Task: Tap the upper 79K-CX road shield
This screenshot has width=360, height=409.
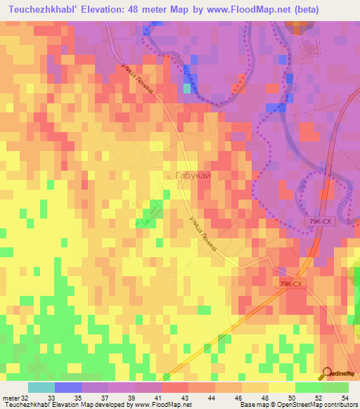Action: (320, 221)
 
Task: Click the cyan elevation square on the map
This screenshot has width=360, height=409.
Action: (186, 89)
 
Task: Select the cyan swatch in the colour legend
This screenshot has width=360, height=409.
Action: (41, 388)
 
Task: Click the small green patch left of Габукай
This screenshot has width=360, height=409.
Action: (150, 210)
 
